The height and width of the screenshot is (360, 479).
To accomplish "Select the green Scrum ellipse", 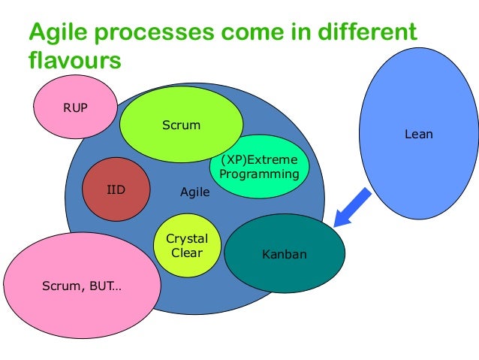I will (x=181, y=125).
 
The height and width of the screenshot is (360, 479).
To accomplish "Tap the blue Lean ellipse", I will (x=418, y=135).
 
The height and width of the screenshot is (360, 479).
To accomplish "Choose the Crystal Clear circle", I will (x=186, y=246).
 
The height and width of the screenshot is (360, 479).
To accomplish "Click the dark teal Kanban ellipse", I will (x=285, y=255).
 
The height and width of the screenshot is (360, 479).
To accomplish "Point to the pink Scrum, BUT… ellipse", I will (x=82, y=285).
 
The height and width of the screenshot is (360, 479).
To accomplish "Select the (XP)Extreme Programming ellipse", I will (x=259, y=167).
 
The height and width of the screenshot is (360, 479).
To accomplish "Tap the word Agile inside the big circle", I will (x=195, y=192).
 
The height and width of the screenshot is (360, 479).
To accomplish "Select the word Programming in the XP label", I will (x=259, y=174).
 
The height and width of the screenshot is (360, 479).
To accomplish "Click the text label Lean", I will (x=418, y=135).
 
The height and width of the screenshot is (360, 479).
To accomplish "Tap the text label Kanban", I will (x=285, y=255).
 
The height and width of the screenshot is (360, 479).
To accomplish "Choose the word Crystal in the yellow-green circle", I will (x=186, y=239).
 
